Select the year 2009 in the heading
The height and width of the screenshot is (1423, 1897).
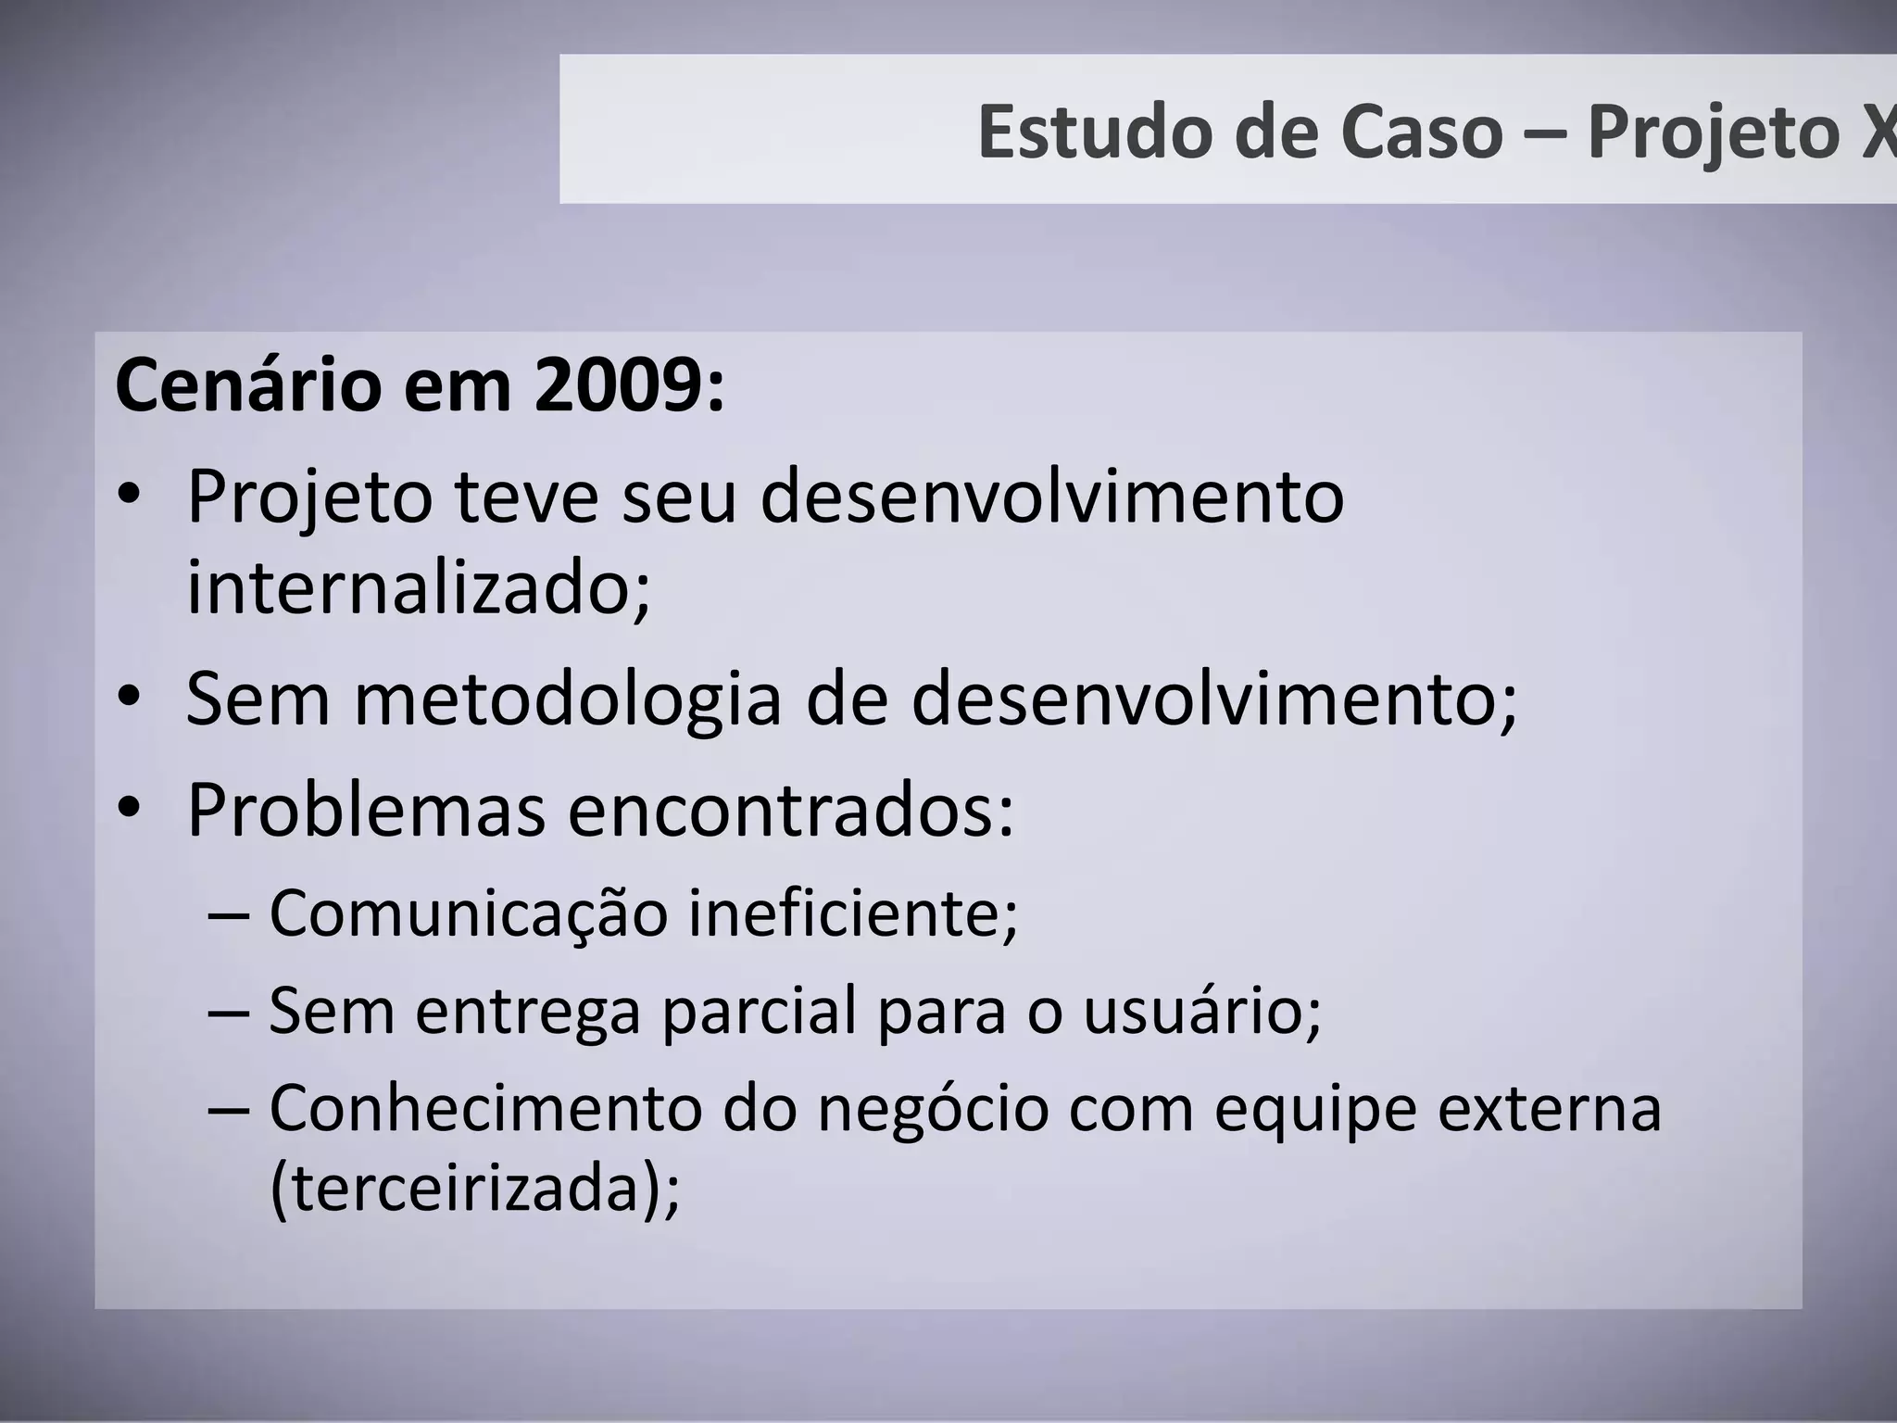pos(620,385)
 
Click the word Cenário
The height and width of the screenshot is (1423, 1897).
pos(246,385)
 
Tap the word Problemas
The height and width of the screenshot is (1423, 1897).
pos(366,810)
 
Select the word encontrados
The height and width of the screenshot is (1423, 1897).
pos(791,810)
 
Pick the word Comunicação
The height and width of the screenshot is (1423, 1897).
pos(468,913)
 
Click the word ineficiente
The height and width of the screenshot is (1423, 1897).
pos(852,913)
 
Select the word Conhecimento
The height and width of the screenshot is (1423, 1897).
pos(485,1108)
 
